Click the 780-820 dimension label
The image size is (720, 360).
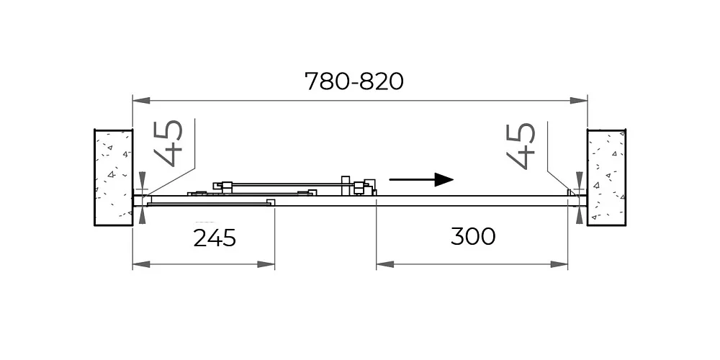pyautogui.click(x=354, y=81)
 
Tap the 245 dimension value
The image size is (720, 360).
pyautogui.click(x=215, y=238)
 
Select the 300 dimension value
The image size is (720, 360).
pyautogui.click(x=473, y=236)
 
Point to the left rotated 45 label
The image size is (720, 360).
pyautogui.click(x=168, y=143)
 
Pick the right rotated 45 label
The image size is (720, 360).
pyautogui.click(x=521, y=146)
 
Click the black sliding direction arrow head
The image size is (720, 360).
pyautogui.click(x=444, y=179)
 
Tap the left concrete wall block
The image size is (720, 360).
pyautogui.click(x=114, y=178)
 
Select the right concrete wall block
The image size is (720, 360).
pyautogui.click(x=606, y=178)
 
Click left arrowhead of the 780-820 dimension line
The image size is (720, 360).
pyautogui.click(x=141, y=100)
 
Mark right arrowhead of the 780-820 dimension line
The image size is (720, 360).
pyautogui.click(x=579, y=100)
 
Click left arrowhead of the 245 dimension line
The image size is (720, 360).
pyautogui.click(x=141, y=264)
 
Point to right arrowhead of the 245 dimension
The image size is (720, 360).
pyautogui.click(x=266, y=264)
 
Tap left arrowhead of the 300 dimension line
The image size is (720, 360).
pyautogui.click(x=385, y=264)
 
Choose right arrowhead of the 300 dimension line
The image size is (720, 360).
pyautogui.click(x=559, y=264)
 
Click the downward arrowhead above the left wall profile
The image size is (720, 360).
pyautogui.click(x=142, y=181)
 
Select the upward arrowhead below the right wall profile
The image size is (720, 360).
pyautogui.click(x=580, y=215)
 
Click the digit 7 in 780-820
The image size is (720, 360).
pyautogui.click(x=312, y=81)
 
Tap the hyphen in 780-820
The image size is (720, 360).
pyautogui.click(x=354, y=83)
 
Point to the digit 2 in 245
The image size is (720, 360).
pyautogui.click(x=200, y=238)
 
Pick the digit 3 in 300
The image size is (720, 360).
pyautogui.click(x=458, y=236)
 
